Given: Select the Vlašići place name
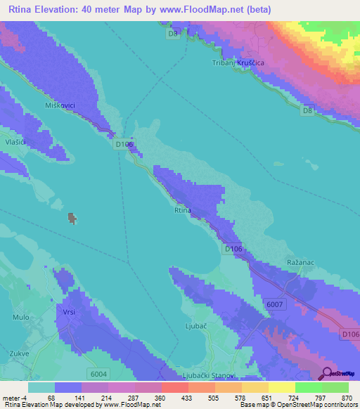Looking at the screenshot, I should tap(15, 142).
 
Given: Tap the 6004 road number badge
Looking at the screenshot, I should tap(98, 373).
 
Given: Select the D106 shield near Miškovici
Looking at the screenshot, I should tap(124, 143).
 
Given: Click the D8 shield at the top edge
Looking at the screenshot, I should tap(173, 33).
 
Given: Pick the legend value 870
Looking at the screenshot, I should tap(347, 398).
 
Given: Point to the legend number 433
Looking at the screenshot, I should tap(187, 398).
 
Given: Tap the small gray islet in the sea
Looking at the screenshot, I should tap(72, 219).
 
